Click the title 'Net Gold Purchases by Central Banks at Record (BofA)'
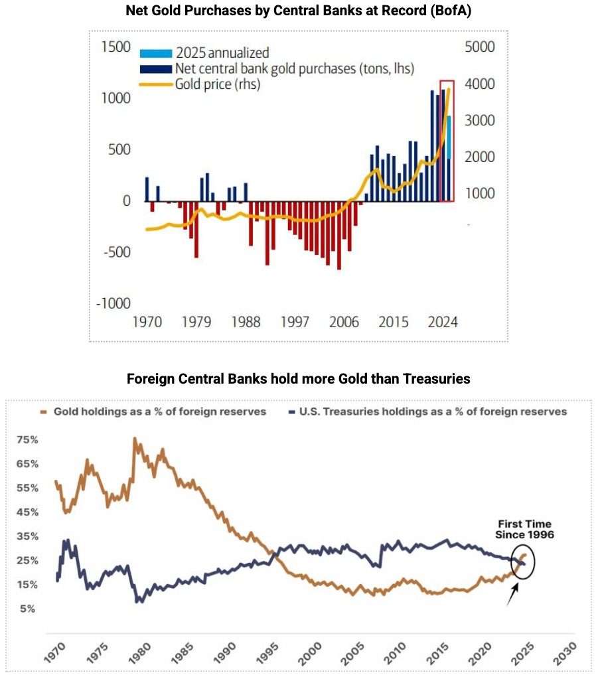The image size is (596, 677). point(298,11)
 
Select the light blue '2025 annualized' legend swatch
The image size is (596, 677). point(155,53)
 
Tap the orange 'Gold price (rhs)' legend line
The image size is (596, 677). point(155,84)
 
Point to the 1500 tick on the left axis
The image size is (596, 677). point(116,47)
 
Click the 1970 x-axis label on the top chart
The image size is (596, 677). point(147,323)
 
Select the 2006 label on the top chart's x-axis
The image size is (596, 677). point(343,323)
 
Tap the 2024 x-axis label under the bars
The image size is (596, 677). point(442,323)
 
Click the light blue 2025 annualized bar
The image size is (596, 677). point(449,137)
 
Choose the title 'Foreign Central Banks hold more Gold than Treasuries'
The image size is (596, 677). point(298,379)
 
